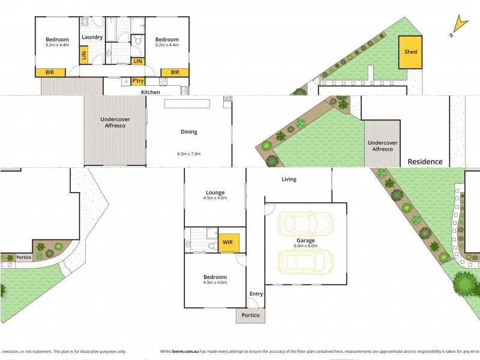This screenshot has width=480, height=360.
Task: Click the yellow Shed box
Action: click(410, 52)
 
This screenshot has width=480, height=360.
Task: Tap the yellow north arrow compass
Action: click(459, 25)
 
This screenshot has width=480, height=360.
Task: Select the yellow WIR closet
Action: click(228, 242)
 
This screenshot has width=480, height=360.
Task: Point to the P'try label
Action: click(138, 81)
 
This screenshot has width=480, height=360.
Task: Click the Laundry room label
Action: click(92, 37)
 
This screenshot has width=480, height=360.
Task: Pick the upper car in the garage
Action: click(305, 223)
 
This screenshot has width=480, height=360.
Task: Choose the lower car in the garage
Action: click(305, 261)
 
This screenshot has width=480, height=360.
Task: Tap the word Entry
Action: click(256, 293)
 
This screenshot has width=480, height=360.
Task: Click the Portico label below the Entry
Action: click(250, 315)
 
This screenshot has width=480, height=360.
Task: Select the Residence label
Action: click(425, 161)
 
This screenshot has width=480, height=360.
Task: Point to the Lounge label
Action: click(214, 191)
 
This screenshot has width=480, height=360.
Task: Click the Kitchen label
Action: click(151, 92)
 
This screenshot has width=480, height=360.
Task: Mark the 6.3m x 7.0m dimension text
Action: click(189, 154)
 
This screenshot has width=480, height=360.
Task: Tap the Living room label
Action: click(289, 179)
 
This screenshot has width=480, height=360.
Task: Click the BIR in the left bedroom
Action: click(50, 72)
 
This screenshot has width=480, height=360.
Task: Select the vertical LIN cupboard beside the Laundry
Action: click(83, 55)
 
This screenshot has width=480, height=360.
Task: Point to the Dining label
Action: click(189, 132)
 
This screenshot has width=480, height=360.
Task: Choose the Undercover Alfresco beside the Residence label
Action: click(383, 145)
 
